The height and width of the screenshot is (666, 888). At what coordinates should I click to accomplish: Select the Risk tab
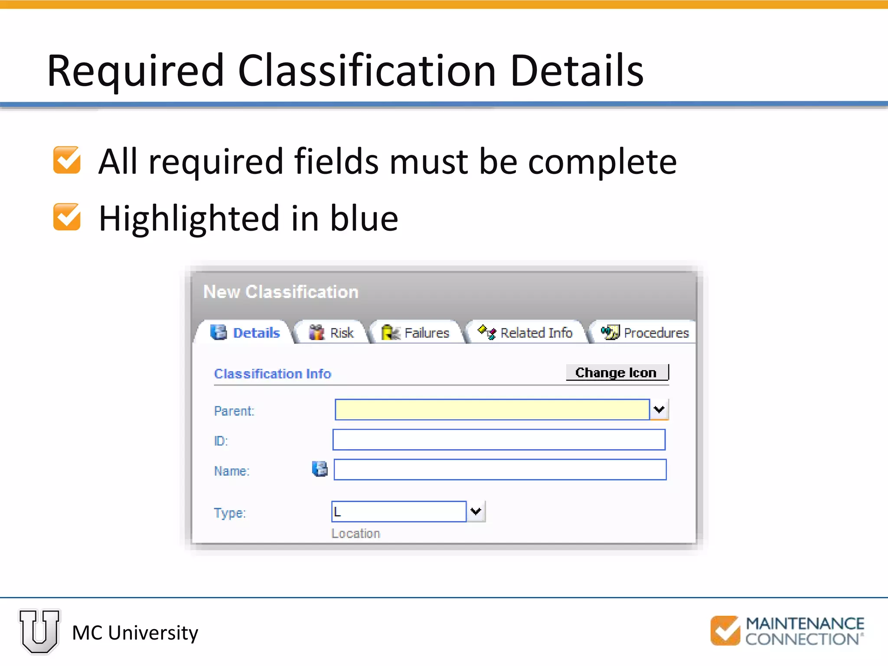click(x=332, y=333)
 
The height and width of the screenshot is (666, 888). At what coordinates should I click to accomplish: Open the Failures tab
click(x=416, y=333)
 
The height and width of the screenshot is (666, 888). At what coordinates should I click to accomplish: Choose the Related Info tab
click(x=526, y=333)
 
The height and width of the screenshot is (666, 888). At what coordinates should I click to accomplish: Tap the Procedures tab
click(x=645, y=333)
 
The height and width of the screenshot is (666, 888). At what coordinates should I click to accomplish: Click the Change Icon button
click(x=616, y=372)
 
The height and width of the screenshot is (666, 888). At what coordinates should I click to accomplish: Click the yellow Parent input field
click(x=492, y=410)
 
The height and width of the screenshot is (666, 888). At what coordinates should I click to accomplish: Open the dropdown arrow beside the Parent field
click(x=659, y=410)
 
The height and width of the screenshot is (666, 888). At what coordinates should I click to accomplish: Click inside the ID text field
click(x=499, y=440)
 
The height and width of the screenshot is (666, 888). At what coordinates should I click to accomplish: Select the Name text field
click(x=499, y=470)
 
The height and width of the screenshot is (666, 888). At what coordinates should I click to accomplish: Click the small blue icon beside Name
click(x=320, y=469)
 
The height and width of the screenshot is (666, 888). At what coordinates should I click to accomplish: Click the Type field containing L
click(x=398, y=512)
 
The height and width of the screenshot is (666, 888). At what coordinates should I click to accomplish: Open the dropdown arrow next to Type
click(x=476, y=512)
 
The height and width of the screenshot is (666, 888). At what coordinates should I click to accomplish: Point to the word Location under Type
click(x=356, y=533)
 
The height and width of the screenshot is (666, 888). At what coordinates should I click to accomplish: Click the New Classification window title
click(x=281, y=292)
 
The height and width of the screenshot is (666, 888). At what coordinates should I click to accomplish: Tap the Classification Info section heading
click(x=272, y=374)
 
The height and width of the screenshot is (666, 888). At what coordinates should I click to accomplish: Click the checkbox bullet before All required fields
click(x=67, y=160)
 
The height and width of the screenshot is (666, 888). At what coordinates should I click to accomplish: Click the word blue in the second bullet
click(x=364, y=218)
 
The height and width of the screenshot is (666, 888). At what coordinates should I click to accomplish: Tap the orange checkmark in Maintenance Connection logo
click(x=725, y=631)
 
